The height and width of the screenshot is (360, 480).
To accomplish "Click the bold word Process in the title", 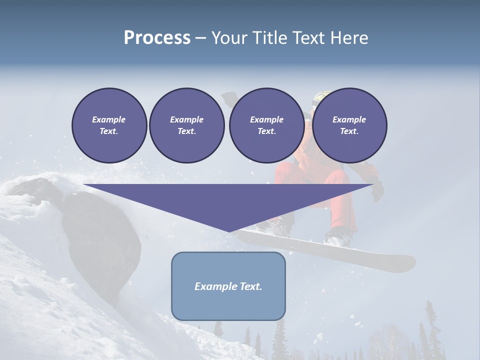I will click(x=157, y=38).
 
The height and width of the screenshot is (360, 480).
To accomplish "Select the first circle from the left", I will click(x=109, y=125).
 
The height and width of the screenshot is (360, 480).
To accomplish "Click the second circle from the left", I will click(x=186, y=125).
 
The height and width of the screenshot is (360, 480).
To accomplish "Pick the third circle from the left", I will click(x=266, y=125).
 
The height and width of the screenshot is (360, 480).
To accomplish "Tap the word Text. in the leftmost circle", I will click(x=109, y=131).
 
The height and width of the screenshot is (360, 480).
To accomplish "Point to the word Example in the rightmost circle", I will click(x=349, y=119).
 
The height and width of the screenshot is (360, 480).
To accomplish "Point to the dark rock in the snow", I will click(x=105, y=235).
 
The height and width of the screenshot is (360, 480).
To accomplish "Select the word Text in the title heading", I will click(x=309, y=38).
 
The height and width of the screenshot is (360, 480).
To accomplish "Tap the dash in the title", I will click(x=200, y=38).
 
